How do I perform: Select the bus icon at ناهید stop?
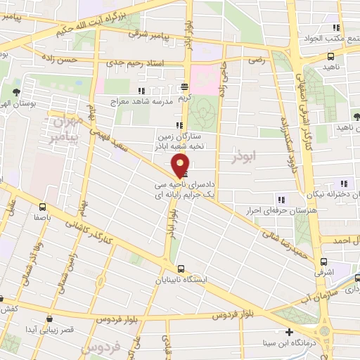pyautogui.click(x=330, y=57)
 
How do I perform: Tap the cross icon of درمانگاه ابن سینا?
pyautogui.click(x=288, y=332)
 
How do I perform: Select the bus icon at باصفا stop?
pyautogui.click(x=43, y=207)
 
